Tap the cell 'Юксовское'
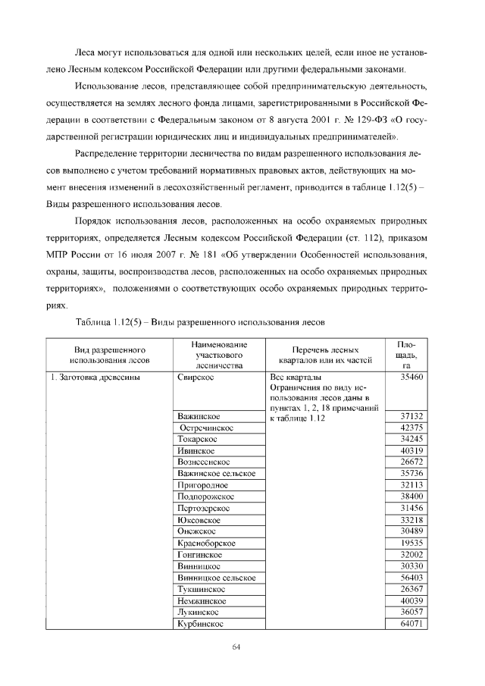pos(199,520)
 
